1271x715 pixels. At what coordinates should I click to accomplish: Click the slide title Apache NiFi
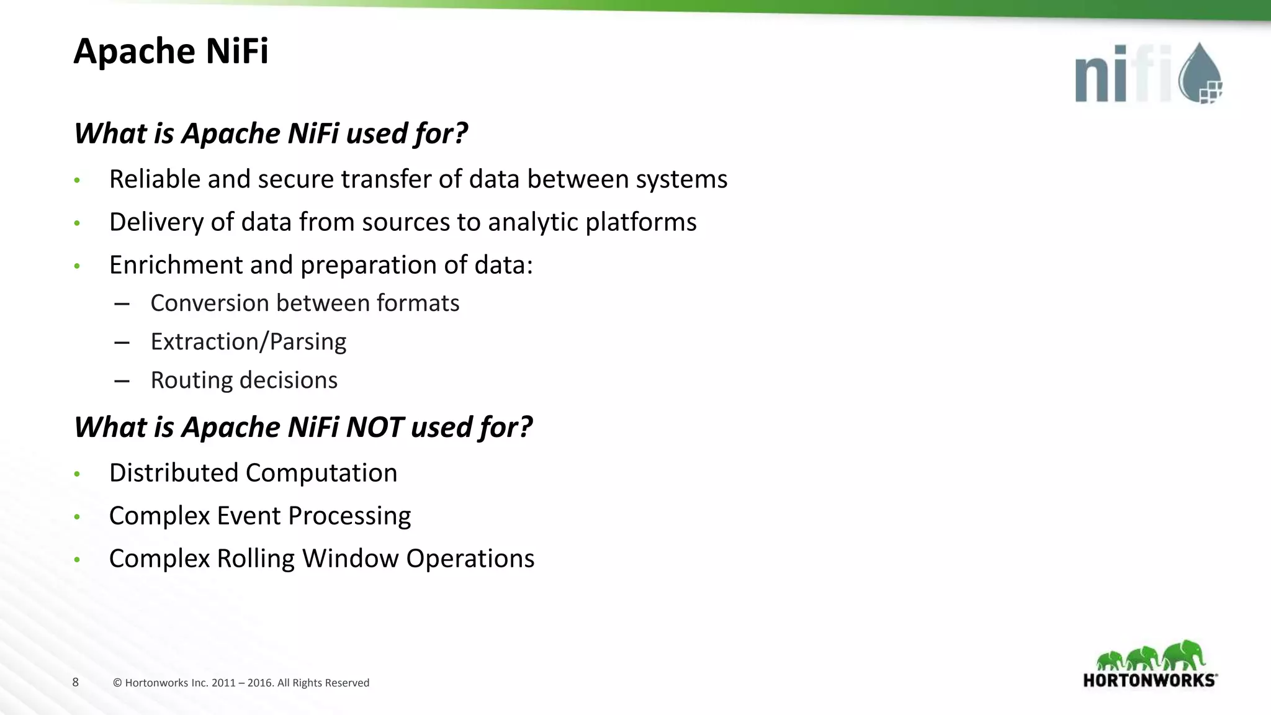(x=171, y=51)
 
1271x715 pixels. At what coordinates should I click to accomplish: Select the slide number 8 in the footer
(x=76, y=682)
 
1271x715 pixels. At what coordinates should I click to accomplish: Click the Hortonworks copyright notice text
(x=241, y=683)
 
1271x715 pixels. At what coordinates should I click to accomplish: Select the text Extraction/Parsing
(x=248, y=342)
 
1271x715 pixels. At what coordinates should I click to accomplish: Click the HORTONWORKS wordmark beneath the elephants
(x=1149, y=680)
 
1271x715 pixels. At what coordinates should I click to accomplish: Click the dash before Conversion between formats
(x=122, y=304)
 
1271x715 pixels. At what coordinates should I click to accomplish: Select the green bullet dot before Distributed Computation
(x=77, y=474)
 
